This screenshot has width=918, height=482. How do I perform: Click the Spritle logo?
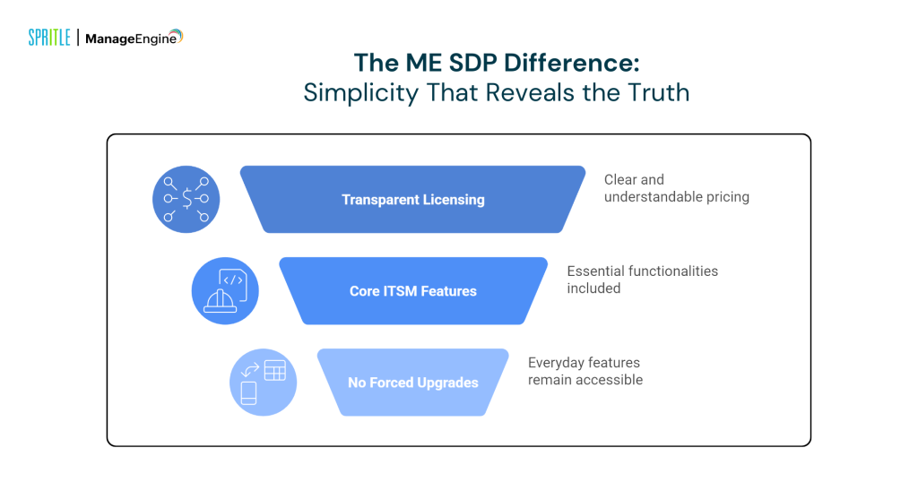click(48, 38)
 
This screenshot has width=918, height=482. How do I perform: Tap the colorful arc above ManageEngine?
click(175, 35)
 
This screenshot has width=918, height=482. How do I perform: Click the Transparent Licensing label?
click(412, 200)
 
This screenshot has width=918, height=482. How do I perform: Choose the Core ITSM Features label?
click(412, 291)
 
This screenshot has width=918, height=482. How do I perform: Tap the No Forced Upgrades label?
click(412, 383)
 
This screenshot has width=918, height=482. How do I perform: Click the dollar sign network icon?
click(186, 199)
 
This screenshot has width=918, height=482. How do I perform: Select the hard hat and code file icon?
click(225, 291)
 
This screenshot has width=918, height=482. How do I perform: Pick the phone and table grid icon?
click(263, 383)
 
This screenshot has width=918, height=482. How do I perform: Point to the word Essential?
click(596, 271)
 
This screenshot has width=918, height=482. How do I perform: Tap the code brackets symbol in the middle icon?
click(232, 280)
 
